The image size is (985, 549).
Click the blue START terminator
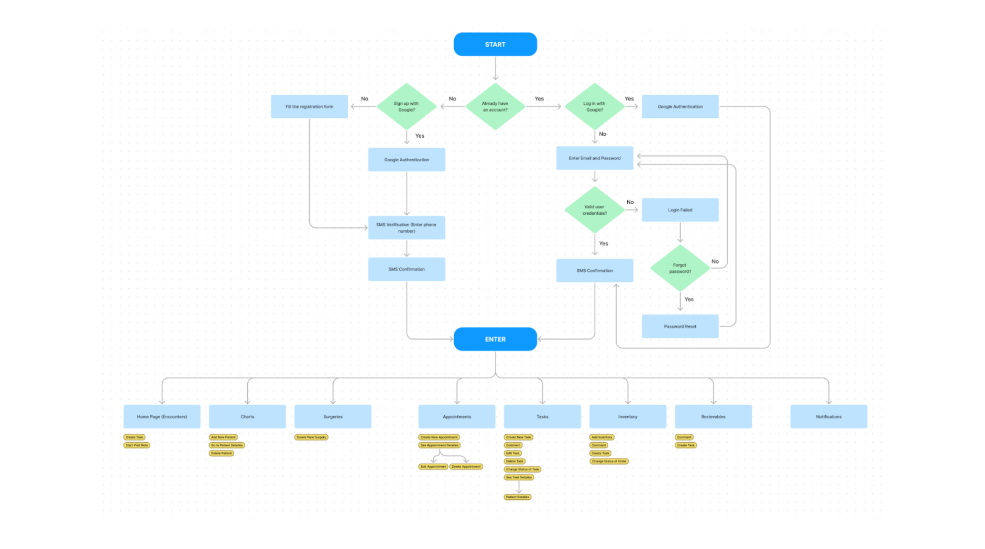click(495, 45)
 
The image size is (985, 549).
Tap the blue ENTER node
click(495, 339)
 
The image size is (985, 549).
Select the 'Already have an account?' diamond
click(495, 107)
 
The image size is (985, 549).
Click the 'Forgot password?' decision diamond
click(680, 268)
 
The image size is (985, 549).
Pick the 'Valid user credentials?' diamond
click(595, 210)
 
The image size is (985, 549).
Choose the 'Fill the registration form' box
click(309, 106)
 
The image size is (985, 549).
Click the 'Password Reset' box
click(680, 326)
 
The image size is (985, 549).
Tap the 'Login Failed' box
click(680, 210)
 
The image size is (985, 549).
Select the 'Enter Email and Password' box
click(595, 158)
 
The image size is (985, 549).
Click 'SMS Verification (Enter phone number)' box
click(407, 228)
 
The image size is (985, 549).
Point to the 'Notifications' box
click(828, 416)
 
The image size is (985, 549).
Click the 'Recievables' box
click(713, 416)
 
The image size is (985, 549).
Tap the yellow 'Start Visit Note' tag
click(137, 445)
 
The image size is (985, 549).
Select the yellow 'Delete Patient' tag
click(222, 453)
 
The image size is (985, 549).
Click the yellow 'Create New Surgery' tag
click(311, 437)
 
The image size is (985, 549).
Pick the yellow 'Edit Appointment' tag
click(433, 466)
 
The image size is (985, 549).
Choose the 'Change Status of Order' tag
click(609, 461)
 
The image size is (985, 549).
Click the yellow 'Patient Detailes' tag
click(518, 497)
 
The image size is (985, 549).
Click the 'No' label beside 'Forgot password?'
click(715, 261)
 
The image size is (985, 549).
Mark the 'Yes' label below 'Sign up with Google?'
click(420, 136)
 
